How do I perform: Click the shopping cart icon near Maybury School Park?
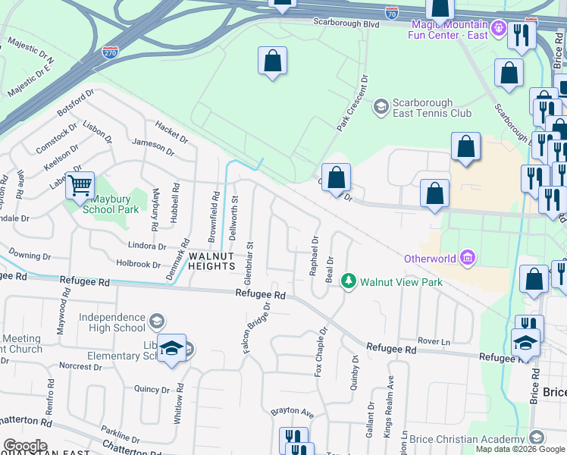(80, 184)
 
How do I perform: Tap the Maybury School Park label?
(111, 204)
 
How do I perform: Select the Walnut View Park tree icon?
(349, 281)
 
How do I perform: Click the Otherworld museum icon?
(468, 259)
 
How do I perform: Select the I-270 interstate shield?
(109, 53)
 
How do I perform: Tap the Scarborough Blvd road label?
(346, 23)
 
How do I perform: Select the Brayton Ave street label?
(292, 412)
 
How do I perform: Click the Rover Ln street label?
(434, 342)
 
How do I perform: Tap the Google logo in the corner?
(25, 446)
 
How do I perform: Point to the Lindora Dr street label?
(146, 246)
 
